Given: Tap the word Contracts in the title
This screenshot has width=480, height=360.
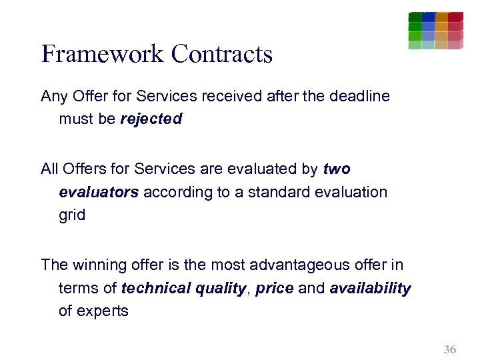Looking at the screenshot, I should [x=222, y=54].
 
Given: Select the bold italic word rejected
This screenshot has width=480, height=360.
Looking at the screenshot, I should [x=151, y=119].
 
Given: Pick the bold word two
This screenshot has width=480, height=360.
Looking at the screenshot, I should [x=337, y=169].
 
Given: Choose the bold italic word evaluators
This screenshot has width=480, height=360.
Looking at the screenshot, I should [x=99, y=193].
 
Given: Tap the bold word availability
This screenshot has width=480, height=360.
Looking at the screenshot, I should [x=371, y=289].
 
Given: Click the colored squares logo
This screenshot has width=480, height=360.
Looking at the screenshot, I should [x=435, y=31].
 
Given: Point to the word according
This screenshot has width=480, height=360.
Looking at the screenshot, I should [x=173, y=193].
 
